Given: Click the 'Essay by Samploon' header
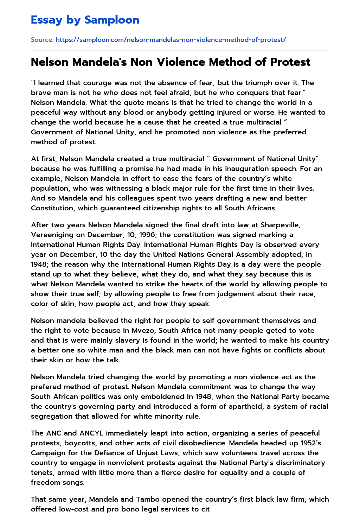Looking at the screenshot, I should (85, 20).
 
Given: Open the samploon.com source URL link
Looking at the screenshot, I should (171, 40).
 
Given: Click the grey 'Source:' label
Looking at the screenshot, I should (42, 40).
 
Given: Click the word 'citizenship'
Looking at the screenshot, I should (160, 208).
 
